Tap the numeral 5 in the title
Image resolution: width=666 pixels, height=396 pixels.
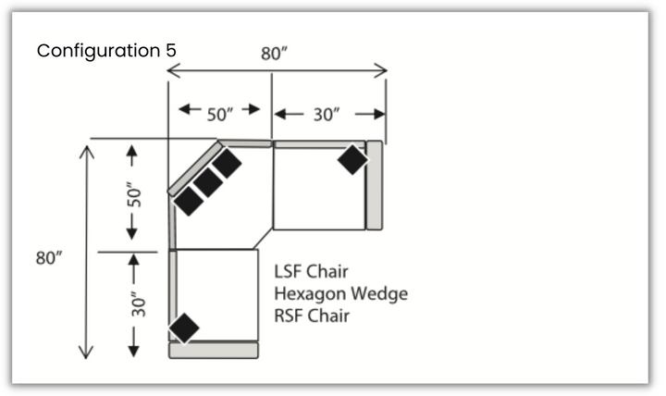pyautogui.click(x=169, y=50)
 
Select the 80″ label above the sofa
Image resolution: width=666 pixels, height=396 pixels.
pyautogui.click(x=274, y=54)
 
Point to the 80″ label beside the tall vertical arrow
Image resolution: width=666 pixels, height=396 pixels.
pyautogui.click(x=49, y=259)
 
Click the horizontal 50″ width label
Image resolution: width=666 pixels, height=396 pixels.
pyautogui.click(x=220, y=114)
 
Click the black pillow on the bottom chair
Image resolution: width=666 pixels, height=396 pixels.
pyautogui.click(x=184, y=328)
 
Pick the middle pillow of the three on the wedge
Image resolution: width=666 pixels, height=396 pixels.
pyautogui.click(x=207, y=182)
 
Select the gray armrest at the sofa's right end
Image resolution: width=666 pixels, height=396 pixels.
pyautogui.click(x=375, y=185)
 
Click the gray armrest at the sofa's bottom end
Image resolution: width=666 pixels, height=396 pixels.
pyautogui.click(x=213, y=351)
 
